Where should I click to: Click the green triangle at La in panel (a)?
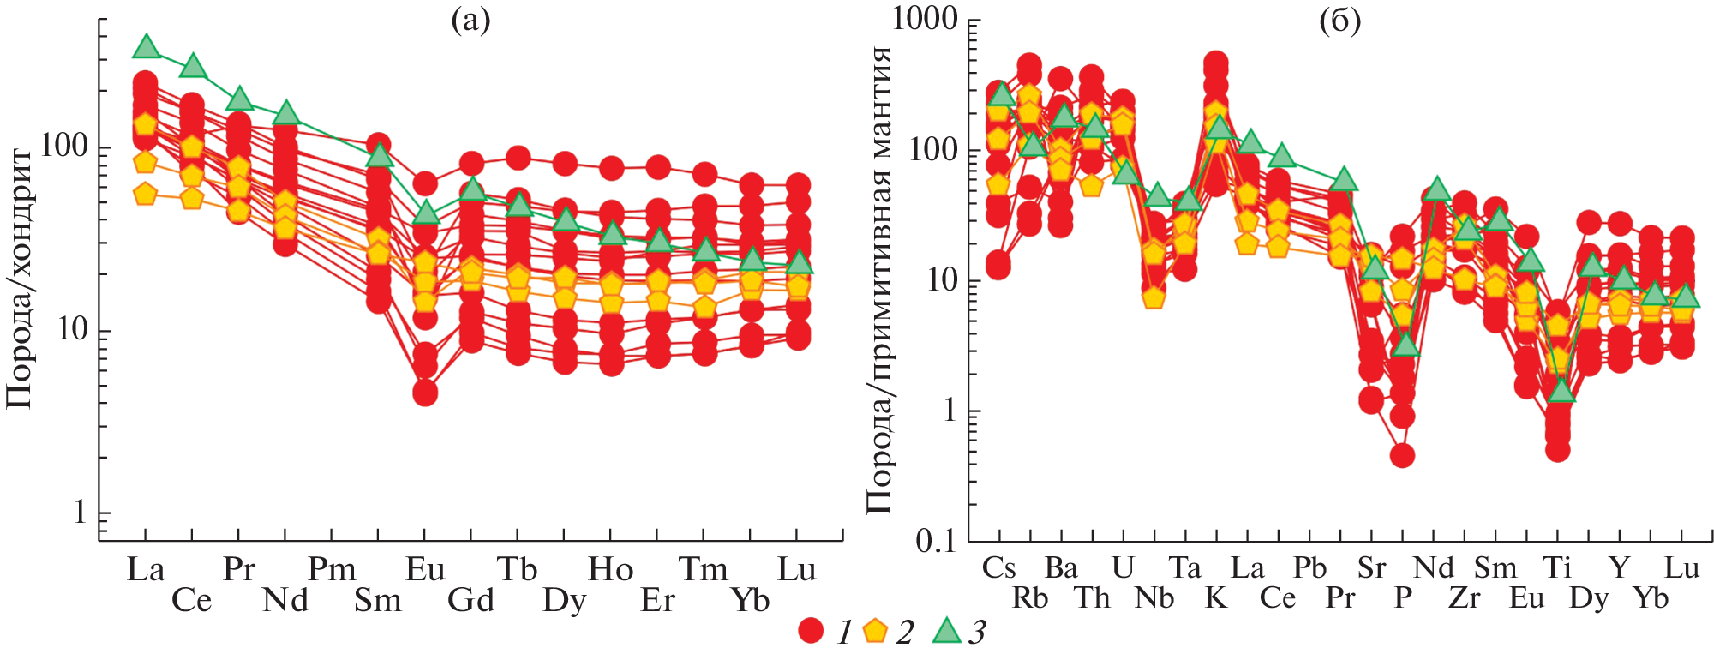[x=146, y=46]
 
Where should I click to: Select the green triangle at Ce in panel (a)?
[x=192, y=65]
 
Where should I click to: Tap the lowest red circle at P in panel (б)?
[x=1402, y=455]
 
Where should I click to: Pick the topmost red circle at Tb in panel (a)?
[x=518, y=158]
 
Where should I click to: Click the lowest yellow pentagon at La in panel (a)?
[x=146, y=195]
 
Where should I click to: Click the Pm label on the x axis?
[x=332, y=570]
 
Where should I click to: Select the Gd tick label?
[x=471, y=600]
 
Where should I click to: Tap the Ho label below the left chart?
[x=610, y=570]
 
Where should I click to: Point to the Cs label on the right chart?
[x=998, y=568]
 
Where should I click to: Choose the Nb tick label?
[x=1154, y=598]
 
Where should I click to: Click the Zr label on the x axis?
[x=1464, y=598]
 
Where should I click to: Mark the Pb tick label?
[x=1309, y=568]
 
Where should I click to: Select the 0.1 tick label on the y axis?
[x=936, y=542]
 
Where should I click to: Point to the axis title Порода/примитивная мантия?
[x=879, y=279]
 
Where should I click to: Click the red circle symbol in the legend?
[x=810, y=631]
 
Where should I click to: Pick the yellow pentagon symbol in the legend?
[x=874, y=631]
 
